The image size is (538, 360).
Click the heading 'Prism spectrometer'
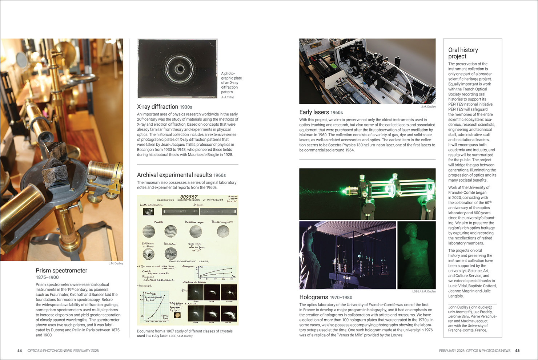61,271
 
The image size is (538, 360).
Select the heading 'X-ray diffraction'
157,107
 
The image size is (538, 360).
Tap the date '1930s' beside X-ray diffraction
186,107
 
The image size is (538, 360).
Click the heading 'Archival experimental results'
174,175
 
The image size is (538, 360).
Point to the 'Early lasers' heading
314,112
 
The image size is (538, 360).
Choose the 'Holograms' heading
313,297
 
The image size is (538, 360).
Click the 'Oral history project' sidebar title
463,53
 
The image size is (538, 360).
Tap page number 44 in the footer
20,351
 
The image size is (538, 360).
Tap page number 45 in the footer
517,351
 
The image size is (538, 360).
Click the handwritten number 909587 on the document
189,197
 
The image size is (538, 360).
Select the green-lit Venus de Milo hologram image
416,255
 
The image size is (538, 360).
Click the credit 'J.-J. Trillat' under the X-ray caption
228,97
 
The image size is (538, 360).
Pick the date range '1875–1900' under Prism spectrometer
47,277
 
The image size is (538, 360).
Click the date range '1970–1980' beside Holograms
341,298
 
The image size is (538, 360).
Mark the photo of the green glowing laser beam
367,194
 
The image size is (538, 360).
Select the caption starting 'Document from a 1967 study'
185,331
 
